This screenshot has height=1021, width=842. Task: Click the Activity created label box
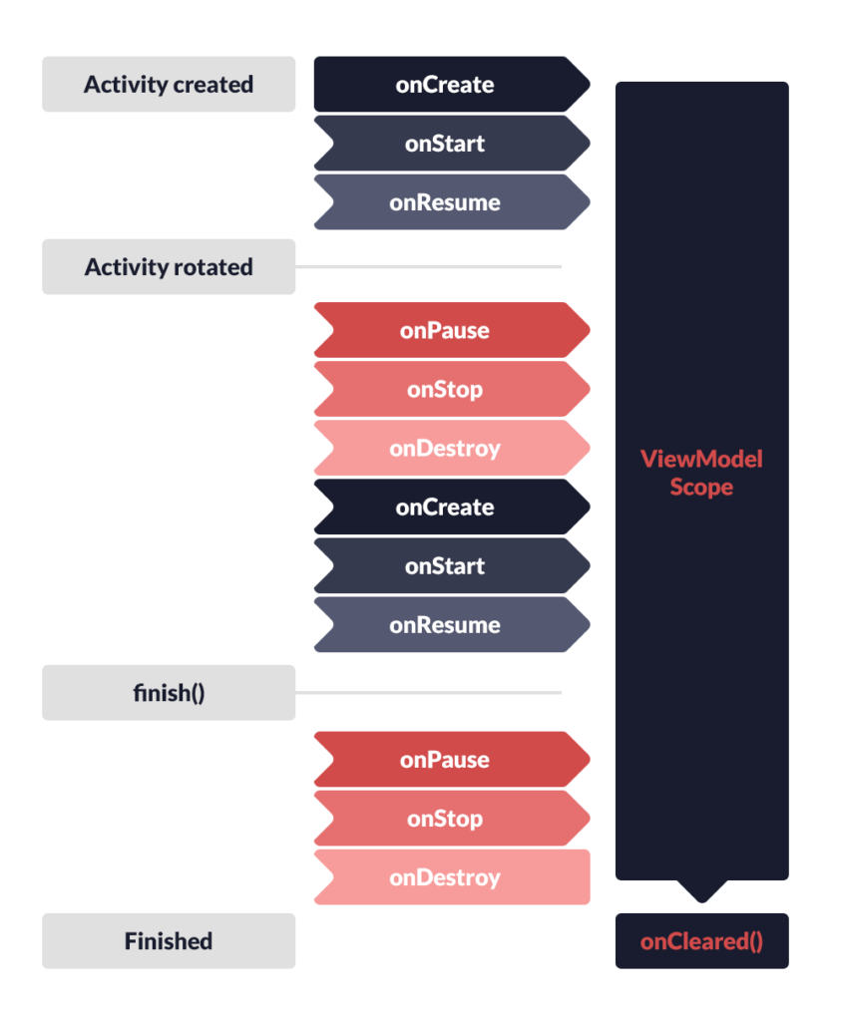coord(169,84)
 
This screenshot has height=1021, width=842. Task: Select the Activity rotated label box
coord(169,267)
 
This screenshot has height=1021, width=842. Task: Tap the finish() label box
coord(169,693)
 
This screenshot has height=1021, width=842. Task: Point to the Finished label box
coord(169,941)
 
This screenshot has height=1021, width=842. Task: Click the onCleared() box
coord(702,941)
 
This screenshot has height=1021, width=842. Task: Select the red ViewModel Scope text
coord(702,473)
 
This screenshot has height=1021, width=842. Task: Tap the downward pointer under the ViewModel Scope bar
coord(702,891)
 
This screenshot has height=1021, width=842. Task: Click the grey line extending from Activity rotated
coord(428,267)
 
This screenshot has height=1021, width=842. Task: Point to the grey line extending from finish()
coord(428,693)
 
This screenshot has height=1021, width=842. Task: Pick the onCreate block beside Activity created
coord(452,84)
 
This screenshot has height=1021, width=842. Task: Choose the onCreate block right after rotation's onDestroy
coord(452,508)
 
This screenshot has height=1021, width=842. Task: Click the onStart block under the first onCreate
coord(452,144)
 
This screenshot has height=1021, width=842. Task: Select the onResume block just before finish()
coord(452,625)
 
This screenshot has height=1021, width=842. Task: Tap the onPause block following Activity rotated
coord(452,330)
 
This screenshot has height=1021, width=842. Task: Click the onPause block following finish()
coord(452,759)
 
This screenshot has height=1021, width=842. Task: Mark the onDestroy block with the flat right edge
coord(452,877)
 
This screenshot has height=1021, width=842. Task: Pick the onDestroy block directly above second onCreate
coord(452,448)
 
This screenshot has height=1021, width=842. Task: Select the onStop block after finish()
coord(452,819)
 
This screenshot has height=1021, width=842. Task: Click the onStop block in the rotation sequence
coord(452,390)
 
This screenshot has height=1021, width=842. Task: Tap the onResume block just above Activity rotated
coord(452,202)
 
